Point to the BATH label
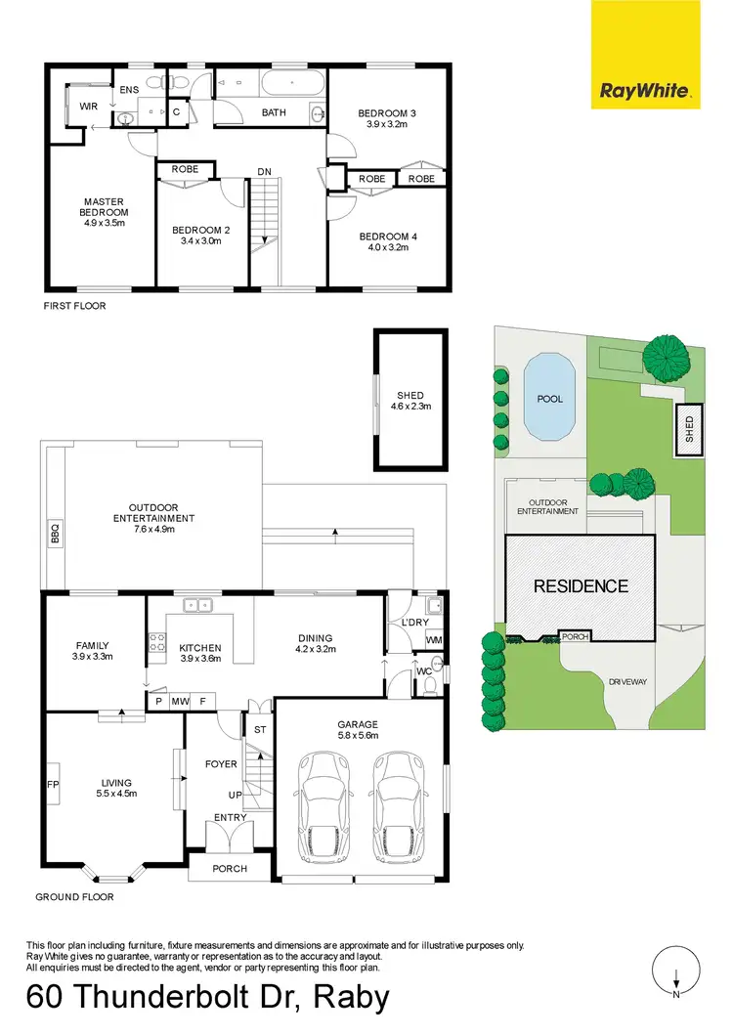pos(274,112)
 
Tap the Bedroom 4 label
pos(388,237)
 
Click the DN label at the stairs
pos(264,172)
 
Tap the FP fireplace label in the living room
pos(54,784)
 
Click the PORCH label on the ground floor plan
pos(230,868)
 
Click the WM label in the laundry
pos(432,640)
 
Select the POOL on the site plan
pos(550,399)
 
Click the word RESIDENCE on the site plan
pos(580,586)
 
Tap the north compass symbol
pos(676,972)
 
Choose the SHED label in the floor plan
pos(410,396)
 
